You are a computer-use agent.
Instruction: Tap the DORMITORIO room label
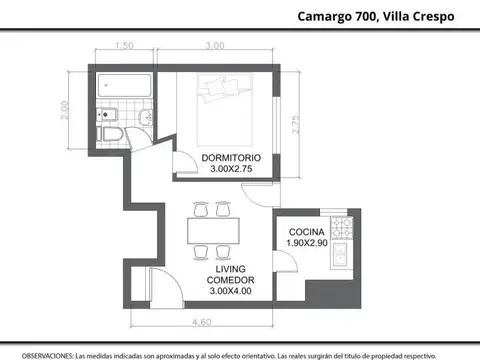[x=231, y=158]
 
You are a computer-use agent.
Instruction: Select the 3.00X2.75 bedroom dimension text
[x=231, y=170]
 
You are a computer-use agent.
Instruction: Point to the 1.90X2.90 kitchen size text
[x=307, y=243]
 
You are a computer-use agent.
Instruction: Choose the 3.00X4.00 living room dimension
[x=231, y=291]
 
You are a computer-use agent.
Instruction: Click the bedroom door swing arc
[x=181, y=160]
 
